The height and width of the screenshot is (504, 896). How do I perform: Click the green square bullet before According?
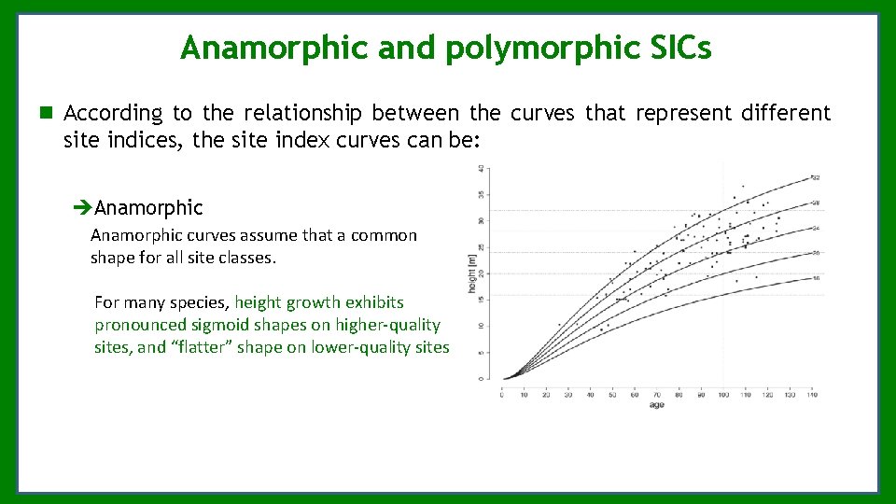(45, 114)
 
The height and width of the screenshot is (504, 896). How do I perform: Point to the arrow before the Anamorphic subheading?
(83, 207)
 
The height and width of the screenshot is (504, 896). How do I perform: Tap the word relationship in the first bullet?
(304, 114)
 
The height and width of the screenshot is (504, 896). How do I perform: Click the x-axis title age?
(656, 405)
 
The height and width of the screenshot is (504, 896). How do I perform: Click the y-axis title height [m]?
(471, 272)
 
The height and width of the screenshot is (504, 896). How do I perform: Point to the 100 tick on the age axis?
(723, 395)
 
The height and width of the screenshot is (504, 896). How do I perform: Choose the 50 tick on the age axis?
(612, 395)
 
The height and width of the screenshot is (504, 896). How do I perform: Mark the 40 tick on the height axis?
(481, 168)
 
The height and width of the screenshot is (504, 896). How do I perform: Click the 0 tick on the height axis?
(481, 378)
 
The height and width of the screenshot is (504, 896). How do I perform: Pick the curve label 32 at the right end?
(815, 177)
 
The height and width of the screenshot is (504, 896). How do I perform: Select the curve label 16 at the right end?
(815, 278)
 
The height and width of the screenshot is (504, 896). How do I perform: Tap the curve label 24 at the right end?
(815, 228)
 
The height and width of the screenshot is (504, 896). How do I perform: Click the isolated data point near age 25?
(559, 325)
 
